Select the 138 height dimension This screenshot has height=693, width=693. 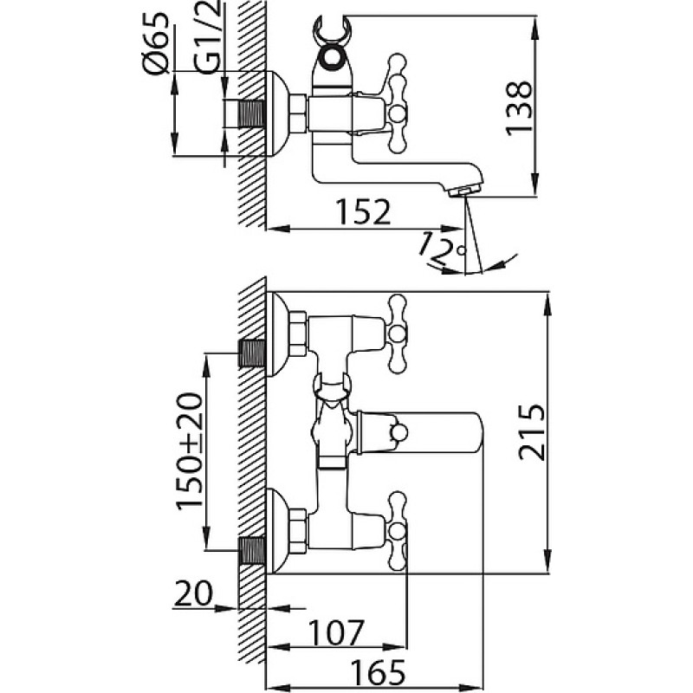[x=519, y=107]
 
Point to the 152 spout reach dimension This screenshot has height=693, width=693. [x=363, y=212]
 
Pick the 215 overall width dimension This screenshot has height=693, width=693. [x=533, y=431]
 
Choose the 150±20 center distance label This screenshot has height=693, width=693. [x=191, y=451]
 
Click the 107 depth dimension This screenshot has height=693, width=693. [x=336, y=633]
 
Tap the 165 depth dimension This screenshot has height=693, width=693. [x=378, y=673]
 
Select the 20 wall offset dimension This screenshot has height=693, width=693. [x=193, y=593]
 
